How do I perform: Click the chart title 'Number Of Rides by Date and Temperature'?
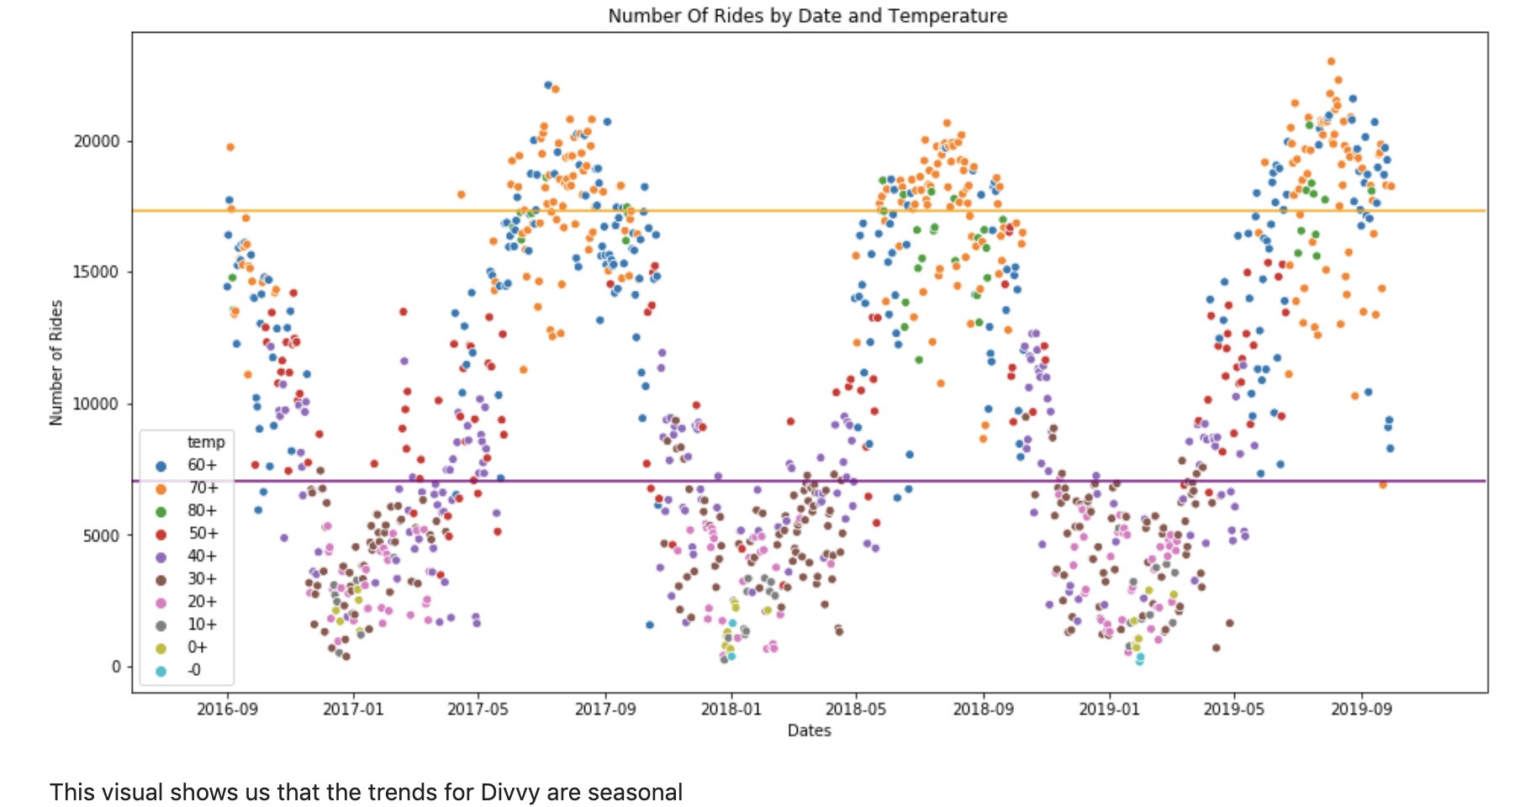[807, 15]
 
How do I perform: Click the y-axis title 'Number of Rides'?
[56, 362]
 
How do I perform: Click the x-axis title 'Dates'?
[809, 731]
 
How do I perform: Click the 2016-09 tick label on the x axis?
[227, 709]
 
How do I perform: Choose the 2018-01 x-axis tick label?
[731, 709]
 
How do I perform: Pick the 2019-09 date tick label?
[1360, 709]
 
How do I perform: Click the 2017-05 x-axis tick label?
[478, 709]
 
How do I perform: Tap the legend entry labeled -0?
[193, 670]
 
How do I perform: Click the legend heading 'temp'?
[205, 442]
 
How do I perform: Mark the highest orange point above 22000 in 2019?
[1331, 61]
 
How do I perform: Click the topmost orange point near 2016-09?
[230, 147]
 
